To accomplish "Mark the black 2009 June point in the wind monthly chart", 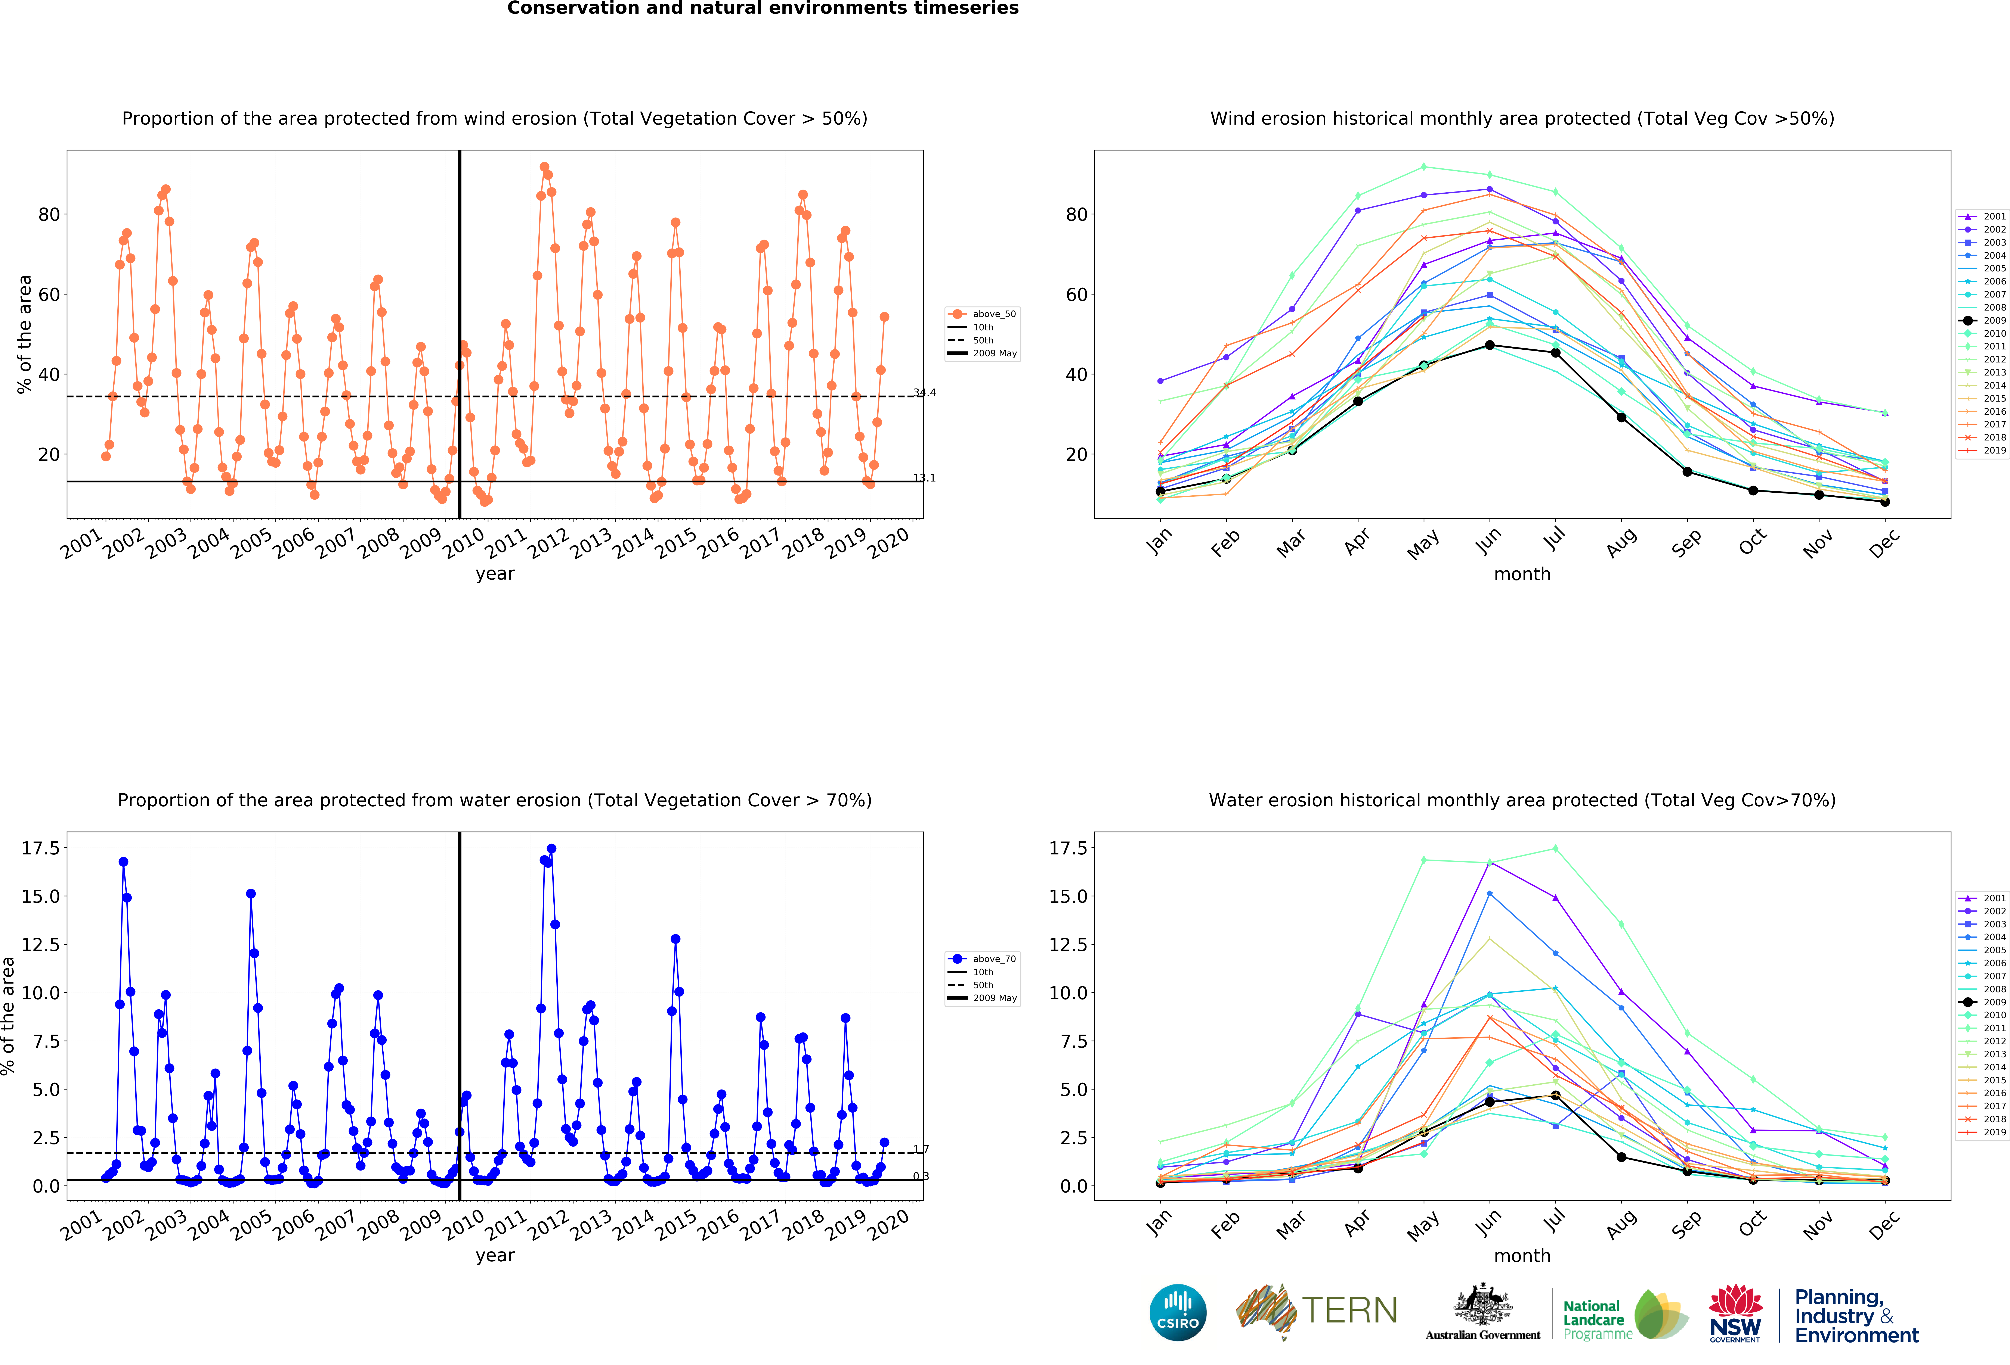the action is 1489,346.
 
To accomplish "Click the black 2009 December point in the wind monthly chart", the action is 1885,502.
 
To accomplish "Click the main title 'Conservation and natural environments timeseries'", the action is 763,9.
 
